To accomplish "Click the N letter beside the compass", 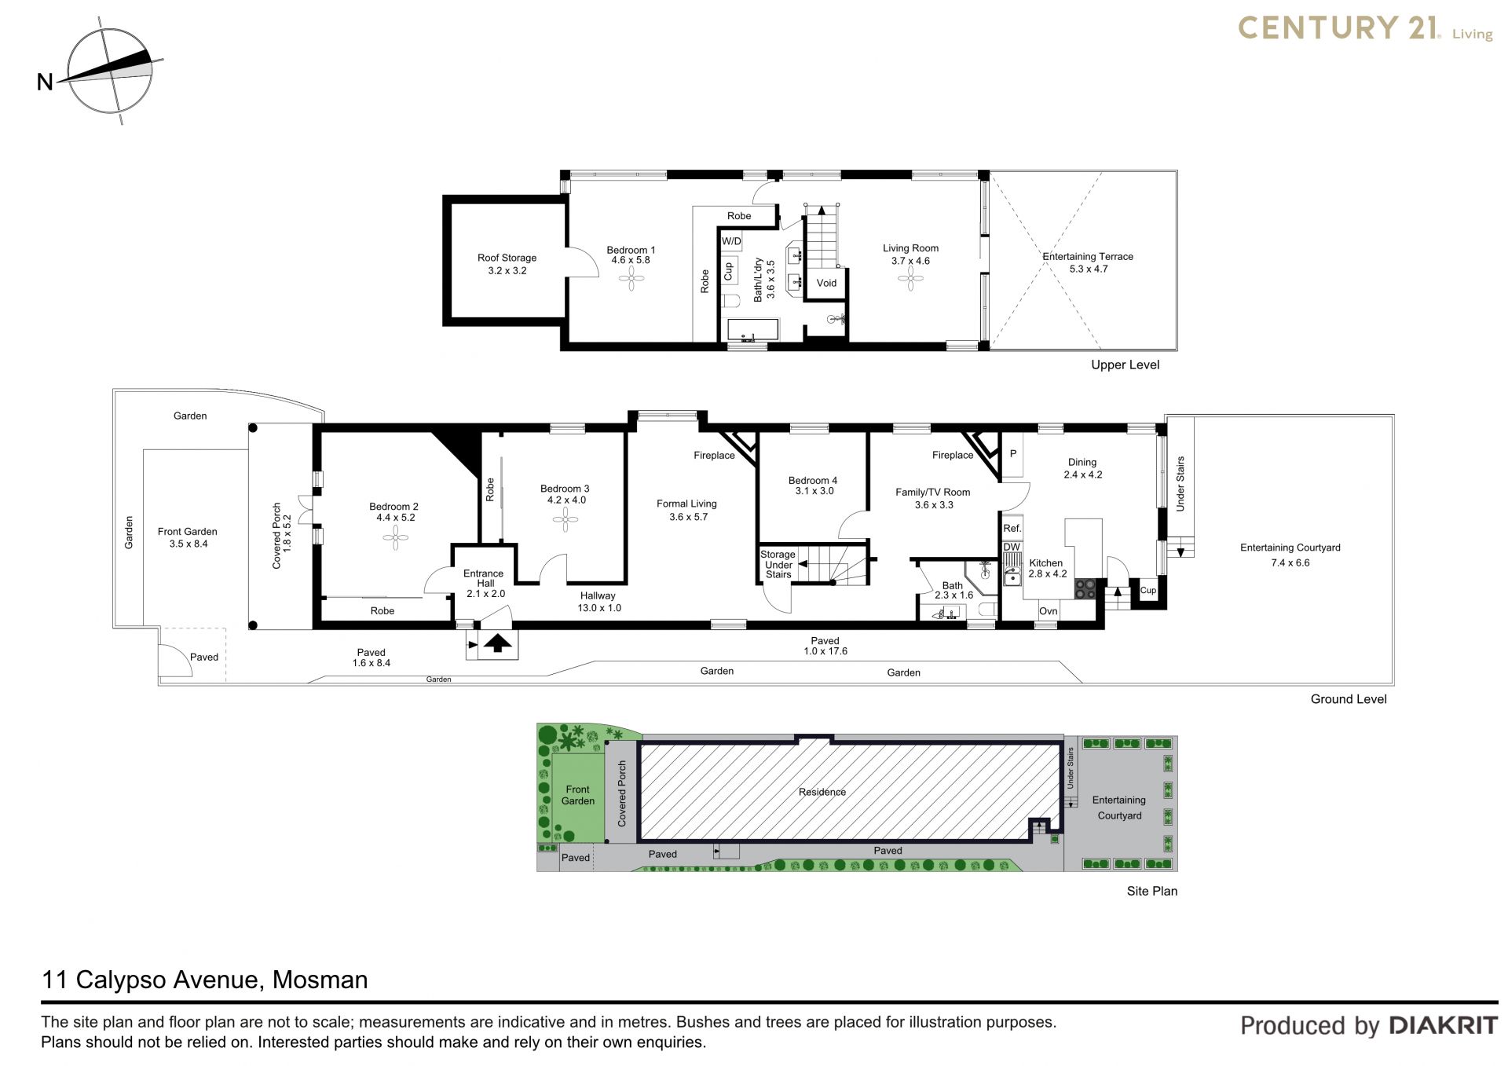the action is [x=45, y=82].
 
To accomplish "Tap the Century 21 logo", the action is [x=1365, y=29].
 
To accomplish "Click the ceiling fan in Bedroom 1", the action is [x=631, y=277].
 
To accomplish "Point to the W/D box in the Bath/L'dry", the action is [x=731, y=241].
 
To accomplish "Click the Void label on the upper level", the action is [x=826, y=283].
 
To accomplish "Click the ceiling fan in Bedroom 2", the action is [x=395, y=537].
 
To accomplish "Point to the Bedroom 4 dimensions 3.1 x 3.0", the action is [x=814, y=491].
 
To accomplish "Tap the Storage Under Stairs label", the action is [x=778, y=564].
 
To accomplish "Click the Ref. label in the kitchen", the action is [x=1012, y=529].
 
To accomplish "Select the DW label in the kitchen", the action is [x=1012, y=547].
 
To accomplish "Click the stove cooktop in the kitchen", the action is [x=1086, y=588].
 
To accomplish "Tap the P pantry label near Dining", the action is [x=1013, y=453].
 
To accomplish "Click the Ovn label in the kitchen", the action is [x=1049, y=611].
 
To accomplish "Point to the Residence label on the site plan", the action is [x=822, y=792].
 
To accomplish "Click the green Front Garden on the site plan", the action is [x=577, y=795].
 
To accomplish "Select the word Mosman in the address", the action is [x=320, y=980].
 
